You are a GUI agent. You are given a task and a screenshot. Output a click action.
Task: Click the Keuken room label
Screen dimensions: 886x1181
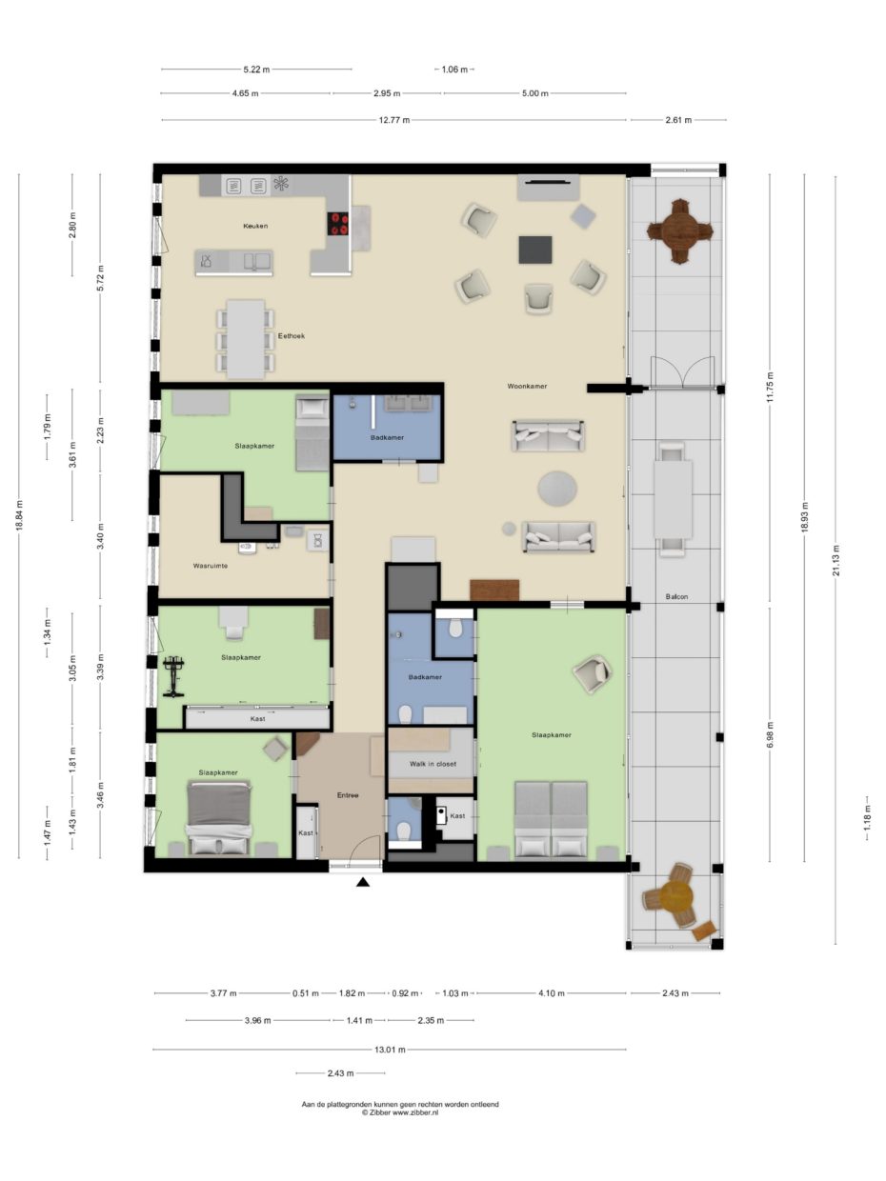coord(255,226)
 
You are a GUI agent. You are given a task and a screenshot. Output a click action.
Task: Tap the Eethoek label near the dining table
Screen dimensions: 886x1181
coord(291,336)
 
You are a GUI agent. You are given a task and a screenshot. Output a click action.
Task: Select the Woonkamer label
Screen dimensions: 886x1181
coord(527,386)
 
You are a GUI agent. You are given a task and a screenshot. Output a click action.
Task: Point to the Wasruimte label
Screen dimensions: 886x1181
coord(211,566)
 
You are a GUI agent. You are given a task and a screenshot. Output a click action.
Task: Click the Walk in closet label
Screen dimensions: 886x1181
coord(433,764)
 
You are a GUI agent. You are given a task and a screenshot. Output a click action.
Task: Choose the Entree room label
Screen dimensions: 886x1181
coord(348,794)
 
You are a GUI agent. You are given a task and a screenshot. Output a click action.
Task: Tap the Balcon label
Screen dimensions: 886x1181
coord(676,596)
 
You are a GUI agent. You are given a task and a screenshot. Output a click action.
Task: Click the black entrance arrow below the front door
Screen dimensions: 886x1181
coord(363,881)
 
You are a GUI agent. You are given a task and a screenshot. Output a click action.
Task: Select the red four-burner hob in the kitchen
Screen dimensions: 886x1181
coord(339,224)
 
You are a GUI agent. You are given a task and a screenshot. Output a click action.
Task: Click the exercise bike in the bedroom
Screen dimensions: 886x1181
coord(173,676)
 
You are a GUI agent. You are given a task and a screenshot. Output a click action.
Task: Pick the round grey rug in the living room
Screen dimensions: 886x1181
coord(557,488)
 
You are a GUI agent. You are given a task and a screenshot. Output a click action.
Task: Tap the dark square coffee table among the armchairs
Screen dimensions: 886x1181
coord(535,250)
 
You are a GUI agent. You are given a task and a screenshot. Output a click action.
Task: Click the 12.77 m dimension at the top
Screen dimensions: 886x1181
coord(393,120)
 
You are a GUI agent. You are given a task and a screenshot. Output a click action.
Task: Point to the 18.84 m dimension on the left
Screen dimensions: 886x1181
coord(20,515)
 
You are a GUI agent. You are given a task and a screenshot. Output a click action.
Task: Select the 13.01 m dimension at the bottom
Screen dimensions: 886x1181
coord(390,1049)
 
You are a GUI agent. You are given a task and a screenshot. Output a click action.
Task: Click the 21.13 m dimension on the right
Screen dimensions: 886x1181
coord(836,560)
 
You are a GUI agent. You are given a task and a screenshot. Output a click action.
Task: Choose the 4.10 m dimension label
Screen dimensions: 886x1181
coord(552,993)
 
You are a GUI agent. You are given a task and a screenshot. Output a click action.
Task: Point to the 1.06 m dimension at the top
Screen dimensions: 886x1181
coord(454,70)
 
